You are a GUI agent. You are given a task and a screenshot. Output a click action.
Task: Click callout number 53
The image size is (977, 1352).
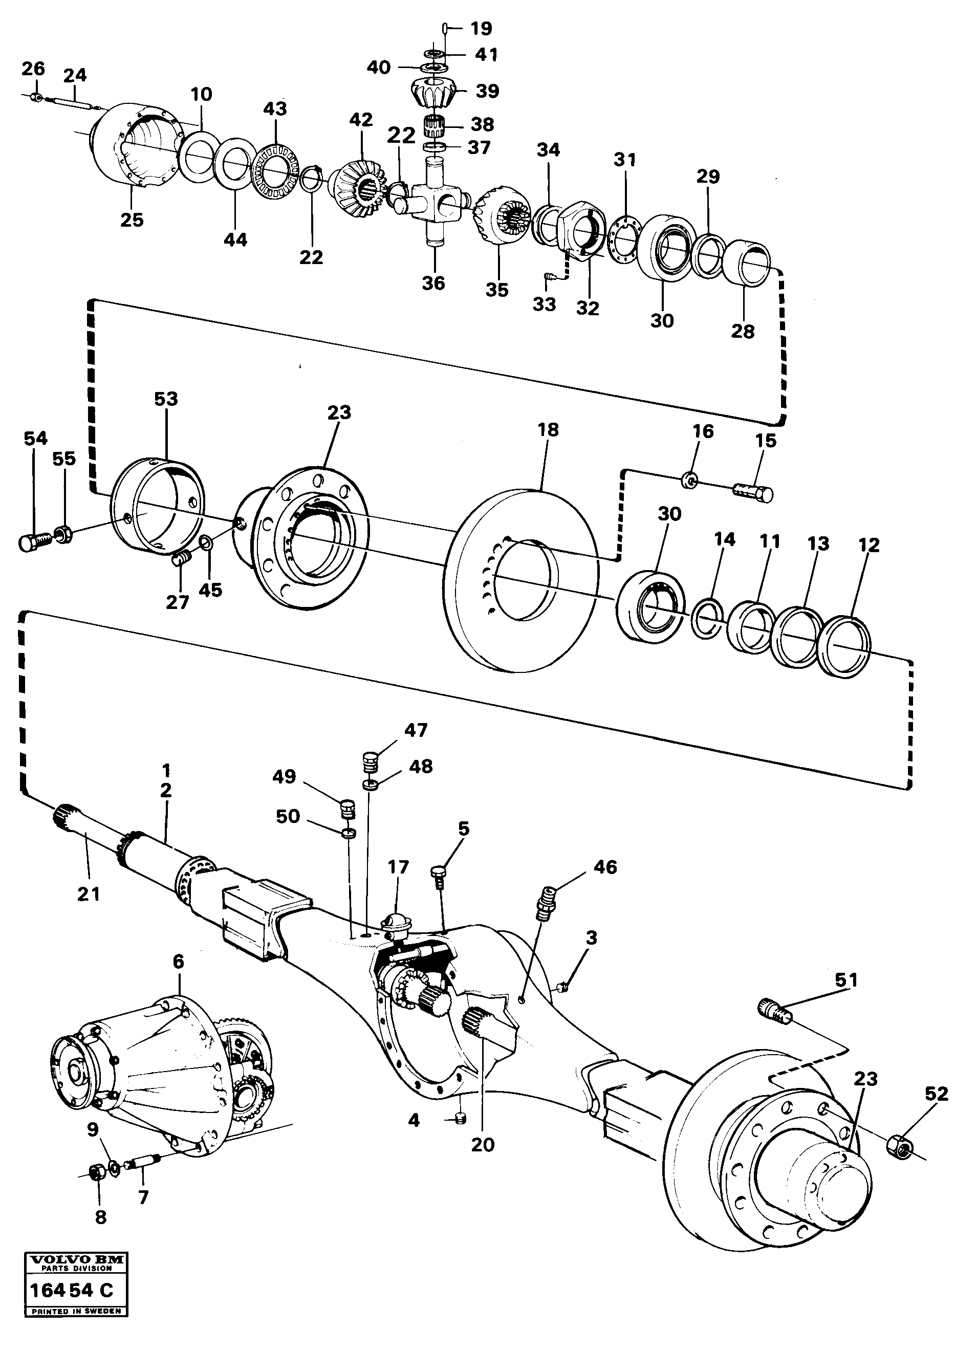pos(166,399)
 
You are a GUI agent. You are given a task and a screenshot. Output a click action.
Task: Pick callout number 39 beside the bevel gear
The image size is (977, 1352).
pos(487,91)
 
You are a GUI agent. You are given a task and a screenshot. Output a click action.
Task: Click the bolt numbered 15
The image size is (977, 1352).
pos(754,492)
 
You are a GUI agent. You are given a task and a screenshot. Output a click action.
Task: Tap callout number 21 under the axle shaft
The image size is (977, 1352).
pos(88,893)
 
